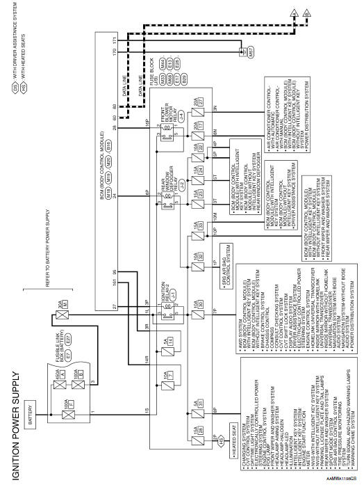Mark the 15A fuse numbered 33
(x=195, y=164)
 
